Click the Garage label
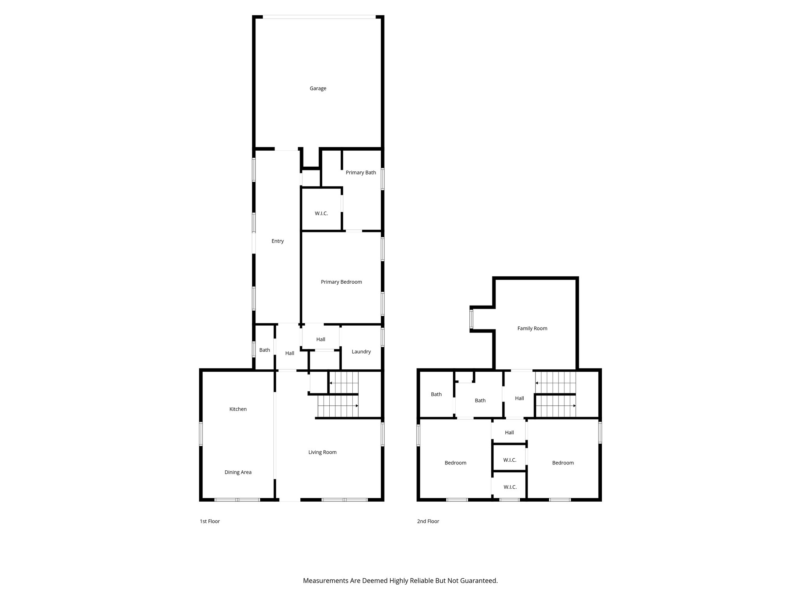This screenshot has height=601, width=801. [x=318, y=88]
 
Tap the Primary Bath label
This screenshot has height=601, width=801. [x=361, y=173]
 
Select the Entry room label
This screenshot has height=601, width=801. [x=277, y=241]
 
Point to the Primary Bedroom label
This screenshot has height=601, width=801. [x=341, y=282]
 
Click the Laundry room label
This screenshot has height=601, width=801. [x=361, y=352]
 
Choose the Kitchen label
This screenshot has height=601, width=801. [x=238, y=409]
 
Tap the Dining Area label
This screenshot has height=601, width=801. [x=238, y=472]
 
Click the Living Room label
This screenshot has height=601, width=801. [x=322, y=452]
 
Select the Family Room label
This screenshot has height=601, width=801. [x=532, y=328]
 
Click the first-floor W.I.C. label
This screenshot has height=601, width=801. [x=321, y=214]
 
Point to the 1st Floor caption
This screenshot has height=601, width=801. [x=210, y=521]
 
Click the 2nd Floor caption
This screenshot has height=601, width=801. [x=428, y=521]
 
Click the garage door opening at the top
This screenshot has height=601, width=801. [x=319, y=17]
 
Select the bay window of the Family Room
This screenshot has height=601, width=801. [x=471, y=319]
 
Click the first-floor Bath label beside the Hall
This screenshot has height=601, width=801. [x=264, y=350]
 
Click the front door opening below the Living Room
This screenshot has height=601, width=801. [x=289, y=500]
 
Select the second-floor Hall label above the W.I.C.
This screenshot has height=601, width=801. [x=509, y=432]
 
